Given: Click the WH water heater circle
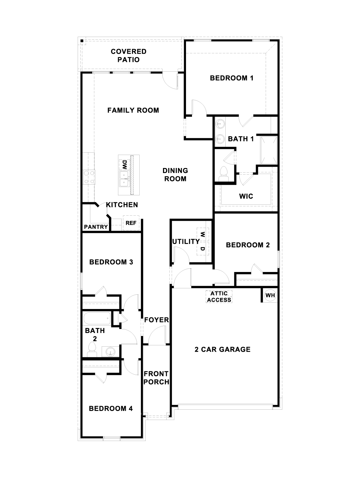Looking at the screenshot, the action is [x=270, y=295].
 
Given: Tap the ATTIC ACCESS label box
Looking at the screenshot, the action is [x=219, y=297].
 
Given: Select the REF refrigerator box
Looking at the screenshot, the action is [x=131, y=223].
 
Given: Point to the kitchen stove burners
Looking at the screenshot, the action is [x=89, y=177].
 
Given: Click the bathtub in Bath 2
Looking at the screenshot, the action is [x=97, y=319].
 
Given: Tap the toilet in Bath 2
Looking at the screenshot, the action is [x=92, y=349].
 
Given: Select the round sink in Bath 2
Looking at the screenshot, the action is [x=111, y=352].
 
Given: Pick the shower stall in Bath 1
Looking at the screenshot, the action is [x=269, y=150].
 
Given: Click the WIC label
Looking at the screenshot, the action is [x=246, y=196].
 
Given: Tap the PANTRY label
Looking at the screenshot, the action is [x=96, y=227].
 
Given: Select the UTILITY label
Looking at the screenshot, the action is [x=186, y=241].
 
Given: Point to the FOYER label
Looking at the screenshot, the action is [x=157, y=320].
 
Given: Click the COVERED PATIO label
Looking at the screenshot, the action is [x=129, y=56].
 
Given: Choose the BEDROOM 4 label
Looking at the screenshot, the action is [x=111, y=408].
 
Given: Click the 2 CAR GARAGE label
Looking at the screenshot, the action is [x=223, y=349].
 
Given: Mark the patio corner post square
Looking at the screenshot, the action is [x=82, y=41].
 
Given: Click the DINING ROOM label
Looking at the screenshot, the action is [x=175, y=175].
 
